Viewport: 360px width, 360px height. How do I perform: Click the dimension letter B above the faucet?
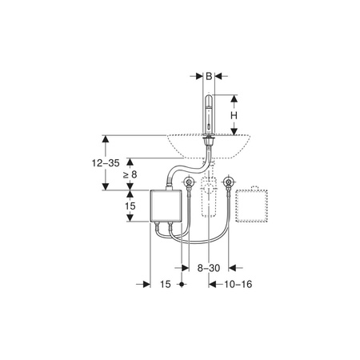tap(209, 76)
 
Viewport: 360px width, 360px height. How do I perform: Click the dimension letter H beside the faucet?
tap(234, 115)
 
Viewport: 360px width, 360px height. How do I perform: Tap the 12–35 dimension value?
tap(106, 163)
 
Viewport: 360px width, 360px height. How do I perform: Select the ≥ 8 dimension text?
tap(130, 174)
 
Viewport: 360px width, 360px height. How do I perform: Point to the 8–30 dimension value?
tap(209, 268)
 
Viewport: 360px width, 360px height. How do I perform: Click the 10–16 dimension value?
tap(238, 284)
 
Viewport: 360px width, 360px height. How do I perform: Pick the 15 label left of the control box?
tap(130, 206)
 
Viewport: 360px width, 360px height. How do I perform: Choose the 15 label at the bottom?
tap(166, 284)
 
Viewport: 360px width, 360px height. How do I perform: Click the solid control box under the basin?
tap(166, 206)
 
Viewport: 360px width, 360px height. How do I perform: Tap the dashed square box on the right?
tap(252, 205)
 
